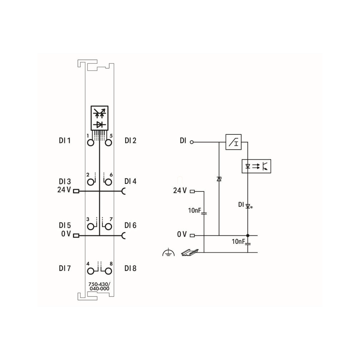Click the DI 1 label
point(65,140)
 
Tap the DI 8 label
point(130,268)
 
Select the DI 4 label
point(130,181)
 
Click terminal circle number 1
point(91,143)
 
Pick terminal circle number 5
point(108,143)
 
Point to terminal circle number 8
point(108,271)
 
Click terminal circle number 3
point(91,227)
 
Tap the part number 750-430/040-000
point(99,286)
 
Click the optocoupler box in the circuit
point(256,166)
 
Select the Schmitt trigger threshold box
point(233,142)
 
